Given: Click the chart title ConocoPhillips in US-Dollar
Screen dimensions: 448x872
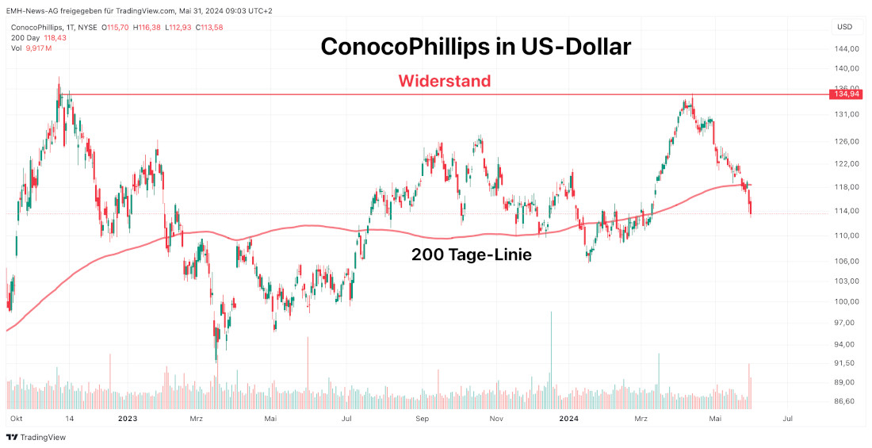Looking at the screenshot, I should click(x=476, y=47).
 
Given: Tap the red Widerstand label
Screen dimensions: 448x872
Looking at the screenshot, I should click(x=444, y=81).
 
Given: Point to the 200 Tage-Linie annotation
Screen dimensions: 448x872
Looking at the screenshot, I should click(x=471, y=255).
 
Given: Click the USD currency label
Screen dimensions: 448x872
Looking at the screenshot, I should click(x=845, y=27).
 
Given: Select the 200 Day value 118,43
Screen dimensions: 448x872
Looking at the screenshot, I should click(x=55, y=37).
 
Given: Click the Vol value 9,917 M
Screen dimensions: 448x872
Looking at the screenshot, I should click(x=38, y=48).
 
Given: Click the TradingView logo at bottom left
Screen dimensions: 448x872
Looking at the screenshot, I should click(x=36, y=437).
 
